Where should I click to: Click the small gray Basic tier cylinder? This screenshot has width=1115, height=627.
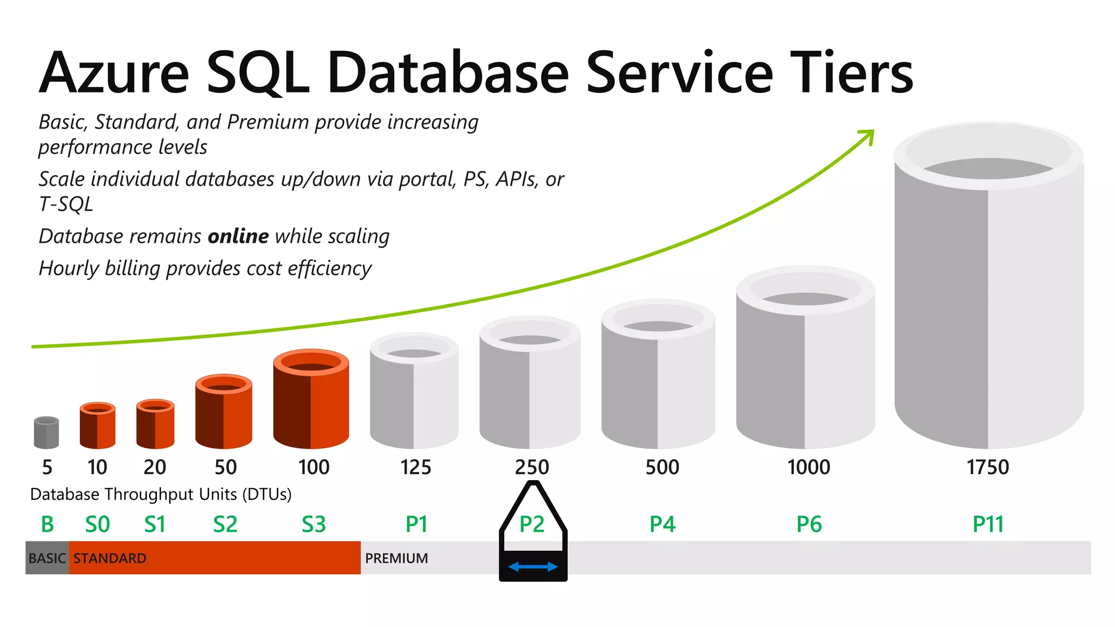click(x=46, y=432)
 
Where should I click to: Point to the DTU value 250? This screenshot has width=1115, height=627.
click(x=532, y=468)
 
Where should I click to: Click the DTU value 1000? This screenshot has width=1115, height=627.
click(x=808, y=468)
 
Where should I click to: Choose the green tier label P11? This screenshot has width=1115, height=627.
click(x=988, y=525)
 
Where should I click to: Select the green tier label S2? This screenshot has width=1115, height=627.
click(x=225, y=525)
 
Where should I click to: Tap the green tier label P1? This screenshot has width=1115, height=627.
click(x=416, y=525)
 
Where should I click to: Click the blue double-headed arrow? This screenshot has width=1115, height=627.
click(x=532, y=567)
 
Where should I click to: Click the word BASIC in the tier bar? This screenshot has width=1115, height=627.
click(x=47, y=558)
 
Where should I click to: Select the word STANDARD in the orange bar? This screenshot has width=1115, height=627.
click(x=110, y=558)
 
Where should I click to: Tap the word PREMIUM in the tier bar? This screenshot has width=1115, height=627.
click(x=396, y=558)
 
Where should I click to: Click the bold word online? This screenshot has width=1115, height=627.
click(x=238, y=237)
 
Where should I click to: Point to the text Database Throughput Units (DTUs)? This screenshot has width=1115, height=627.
click(x=161, y=494)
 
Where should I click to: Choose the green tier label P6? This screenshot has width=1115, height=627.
click(x=808, y=525)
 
